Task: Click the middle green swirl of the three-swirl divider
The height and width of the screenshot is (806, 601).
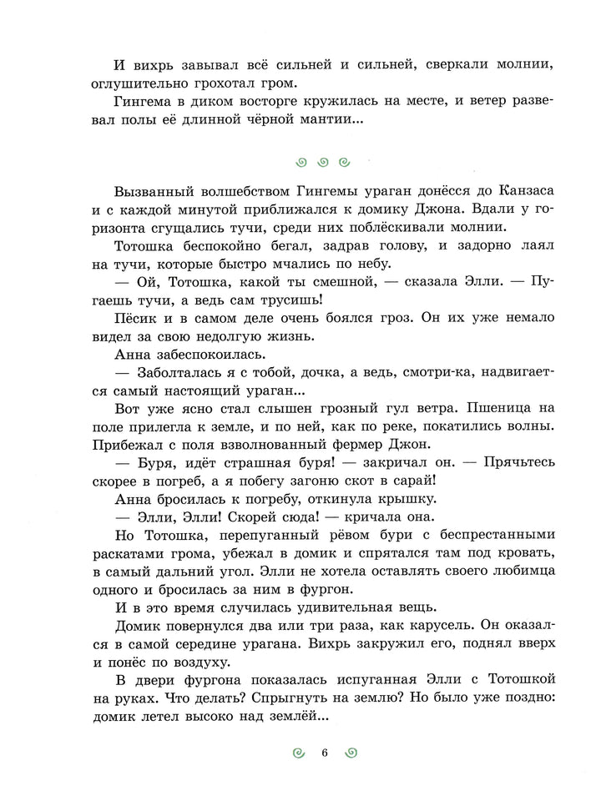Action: pos(322,161)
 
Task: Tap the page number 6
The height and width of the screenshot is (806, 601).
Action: pos(324,753)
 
